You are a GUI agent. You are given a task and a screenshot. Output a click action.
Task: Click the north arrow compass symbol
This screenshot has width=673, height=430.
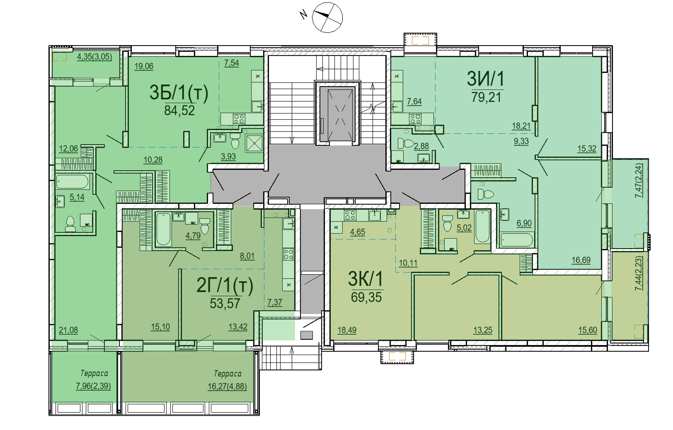click(327, 17)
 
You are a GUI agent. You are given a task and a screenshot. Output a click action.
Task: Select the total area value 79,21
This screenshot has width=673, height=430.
click(486, 97)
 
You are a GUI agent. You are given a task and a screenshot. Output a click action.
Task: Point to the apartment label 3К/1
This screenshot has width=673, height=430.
click(366, 279)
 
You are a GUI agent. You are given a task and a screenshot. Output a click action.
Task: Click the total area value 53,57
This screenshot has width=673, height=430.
click(225, 303)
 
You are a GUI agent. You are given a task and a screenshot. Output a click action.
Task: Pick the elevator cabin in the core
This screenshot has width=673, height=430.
click(337, 114)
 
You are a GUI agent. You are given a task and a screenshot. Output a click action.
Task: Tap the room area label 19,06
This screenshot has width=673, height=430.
click(144, 66)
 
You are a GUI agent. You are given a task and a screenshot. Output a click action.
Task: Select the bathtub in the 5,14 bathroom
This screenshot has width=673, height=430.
click(73, 182)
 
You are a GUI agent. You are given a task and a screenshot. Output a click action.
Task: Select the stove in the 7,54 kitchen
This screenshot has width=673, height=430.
click(239, 118)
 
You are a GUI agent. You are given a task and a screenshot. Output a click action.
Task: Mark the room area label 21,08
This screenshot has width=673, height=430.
click(68, 330)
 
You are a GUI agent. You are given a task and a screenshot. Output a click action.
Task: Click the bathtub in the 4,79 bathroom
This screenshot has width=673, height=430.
click(163, 229)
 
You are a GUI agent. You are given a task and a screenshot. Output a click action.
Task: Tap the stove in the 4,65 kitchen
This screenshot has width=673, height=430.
click(350, 215)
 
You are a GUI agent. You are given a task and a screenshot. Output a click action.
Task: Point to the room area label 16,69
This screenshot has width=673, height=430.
click(581, 260)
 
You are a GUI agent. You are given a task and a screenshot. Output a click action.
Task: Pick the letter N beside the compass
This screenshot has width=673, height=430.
click(304, 14)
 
